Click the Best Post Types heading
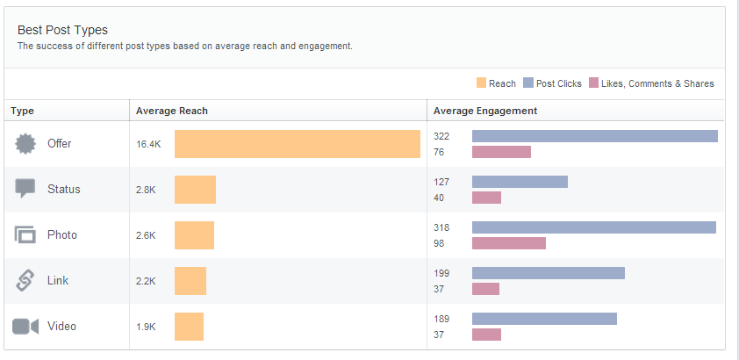click(x=62, y=30)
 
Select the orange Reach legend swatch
click(x=481, y=83)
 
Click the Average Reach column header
click(x=171, y=111)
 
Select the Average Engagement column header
click(x=485, y=111)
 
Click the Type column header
click(x=22, y=111)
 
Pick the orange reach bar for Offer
click(x=297, y=144)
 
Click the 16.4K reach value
click(x=148, y=144)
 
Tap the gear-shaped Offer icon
click(x=25, y=144)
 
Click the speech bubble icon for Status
click(x=25, y=189)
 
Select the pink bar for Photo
click(x=508, y=243)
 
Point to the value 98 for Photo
click(x=441, y=243)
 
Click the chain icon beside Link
click(x=25, y=281)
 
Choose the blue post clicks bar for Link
click(x=548, y=273)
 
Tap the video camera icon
click(x=25, y=327)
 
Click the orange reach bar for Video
click(x=189, y=327)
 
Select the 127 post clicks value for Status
click(x=441, y=182)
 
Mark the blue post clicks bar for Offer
click(x=594, y=136)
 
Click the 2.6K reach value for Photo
click(x=146, y=235)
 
